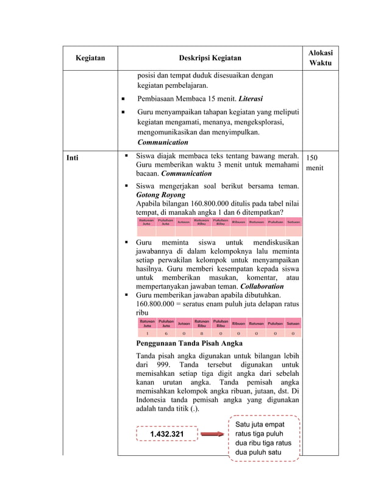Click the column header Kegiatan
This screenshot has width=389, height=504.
tap(90, 59)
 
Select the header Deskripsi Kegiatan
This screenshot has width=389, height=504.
tap(210, 59)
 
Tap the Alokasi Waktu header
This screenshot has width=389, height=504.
tap(321, 58)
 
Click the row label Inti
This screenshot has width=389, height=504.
tap(73, 157)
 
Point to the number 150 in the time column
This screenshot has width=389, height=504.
tap(313, 157)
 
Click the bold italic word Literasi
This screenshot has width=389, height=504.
tap(251, 98)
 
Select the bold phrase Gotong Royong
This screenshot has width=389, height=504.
tap(160, 195)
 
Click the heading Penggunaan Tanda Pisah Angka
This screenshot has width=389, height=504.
tap(189, 343)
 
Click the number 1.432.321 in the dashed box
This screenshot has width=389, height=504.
tap(166, 434)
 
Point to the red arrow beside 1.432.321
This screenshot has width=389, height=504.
tap(213, 434)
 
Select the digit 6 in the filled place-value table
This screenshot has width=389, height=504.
tap(165, 334)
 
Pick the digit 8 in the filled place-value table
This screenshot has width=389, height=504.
tap(202, 334)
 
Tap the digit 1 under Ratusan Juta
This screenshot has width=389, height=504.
tap(147, 334)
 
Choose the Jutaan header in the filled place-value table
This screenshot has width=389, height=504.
tap(183, 323)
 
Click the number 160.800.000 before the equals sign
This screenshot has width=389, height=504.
tap(157, 303)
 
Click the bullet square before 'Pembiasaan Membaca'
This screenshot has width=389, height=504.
tap(123, 98)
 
